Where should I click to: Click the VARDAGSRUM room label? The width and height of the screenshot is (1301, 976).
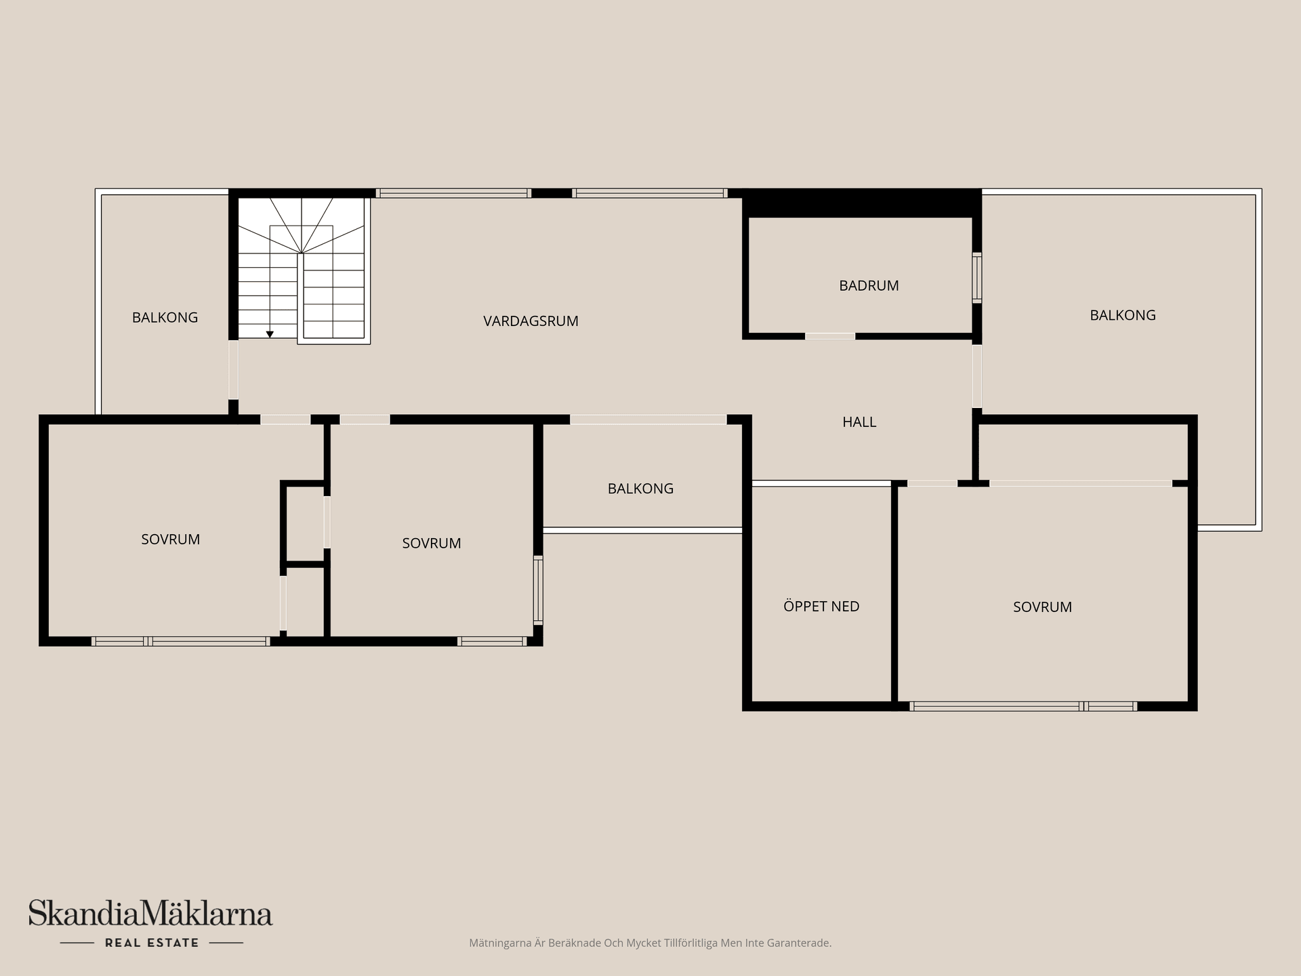(x=531, y=321)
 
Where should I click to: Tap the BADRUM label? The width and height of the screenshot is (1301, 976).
(x=869, y=285)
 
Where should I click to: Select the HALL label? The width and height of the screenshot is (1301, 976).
(x=859, y=422)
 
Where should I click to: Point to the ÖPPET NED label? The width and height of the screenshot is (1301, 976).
(x=821, y=607)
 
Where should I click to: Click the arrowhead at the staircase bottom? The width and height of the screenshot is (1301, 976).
(x=270, y=334)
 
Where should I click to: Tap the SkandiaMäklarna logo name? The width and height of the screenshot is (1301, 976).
(x=150, y=913)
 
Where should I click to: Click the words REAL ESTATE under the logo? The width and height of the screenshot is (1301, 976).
(x=152, y=943)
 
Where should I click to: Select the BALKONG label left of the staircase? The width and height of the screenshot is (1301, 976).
(x=165, y=317)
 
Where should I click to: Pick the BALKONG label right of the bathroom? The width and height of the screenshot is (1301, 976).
(x=1123, y=315)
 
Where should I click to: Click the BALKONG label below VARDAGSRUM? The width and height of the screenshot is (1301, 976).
(x=640, y=489)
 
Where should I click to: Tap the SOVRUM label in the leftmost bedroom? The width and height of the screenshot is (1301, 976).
(x=170, y=540)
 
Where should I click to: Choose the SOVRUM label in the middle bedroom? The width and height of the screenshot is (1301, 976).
(x=432, y=543)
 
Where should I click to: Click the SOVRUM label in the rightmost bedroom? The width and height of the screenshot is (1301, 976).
(x=1042, y=607)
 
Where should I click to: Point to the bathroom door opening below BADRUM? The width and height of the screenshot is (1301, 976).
(x=830, y=336)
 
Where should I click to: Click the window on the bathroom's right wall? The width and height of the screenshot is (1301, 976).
(x=977, y=278)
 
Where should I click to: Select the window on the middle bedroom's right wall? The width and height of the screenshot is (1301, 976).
(x=538, y=590)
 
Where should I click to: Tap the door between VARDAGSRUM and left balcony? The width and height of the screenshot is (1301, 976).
(x=233, y=369)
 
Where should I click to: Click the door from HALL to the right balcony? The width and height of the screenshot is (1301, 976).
(x=977, y=376)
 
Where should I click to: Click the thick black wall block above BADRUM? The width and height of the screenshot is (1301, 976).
(x=862, y=203)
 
